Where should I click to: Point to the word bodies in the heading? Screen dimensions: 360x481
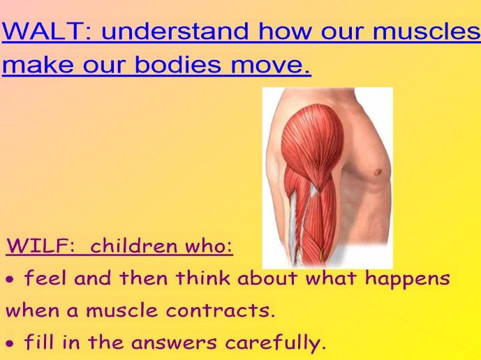pos(174,66)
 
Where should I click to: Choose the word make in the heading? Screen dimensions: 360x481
pos(32,66)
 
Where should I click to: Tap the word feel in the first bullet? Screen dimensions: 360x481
pos(46,279)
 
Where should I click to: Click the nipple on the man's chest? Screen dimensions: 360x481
pos(378,172)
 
